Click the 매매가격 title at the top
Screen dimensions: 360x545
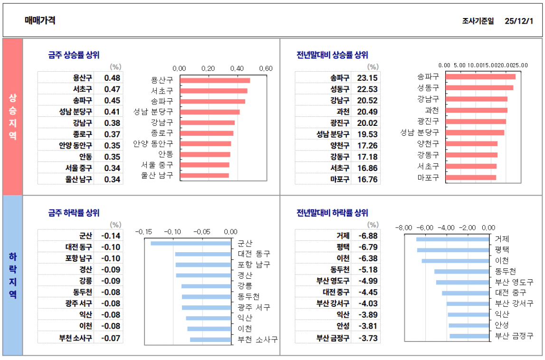40,20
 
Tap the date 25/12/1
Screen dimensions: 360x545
519,21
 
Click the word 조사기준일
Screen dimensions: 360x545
478,21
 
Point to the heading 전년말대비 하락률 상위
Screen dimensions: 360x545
332,213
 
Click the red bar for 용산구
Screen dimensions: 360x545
215,80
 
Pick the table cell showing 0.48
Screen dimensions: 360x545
112,78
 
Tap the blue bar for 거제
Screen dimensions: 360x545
453,239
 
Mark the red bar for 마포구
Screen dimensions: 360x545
471,178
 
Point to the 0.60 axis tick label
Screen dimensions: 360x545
266,68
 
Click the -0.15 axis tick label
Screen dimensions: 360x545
143,232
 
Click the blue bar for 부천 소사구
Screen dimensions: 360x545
210,340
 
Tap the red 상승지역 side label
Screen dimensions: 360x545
13,116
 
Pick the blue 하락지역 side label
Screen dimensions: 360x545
13,275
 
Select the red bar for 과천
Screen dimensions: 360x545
477,110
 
